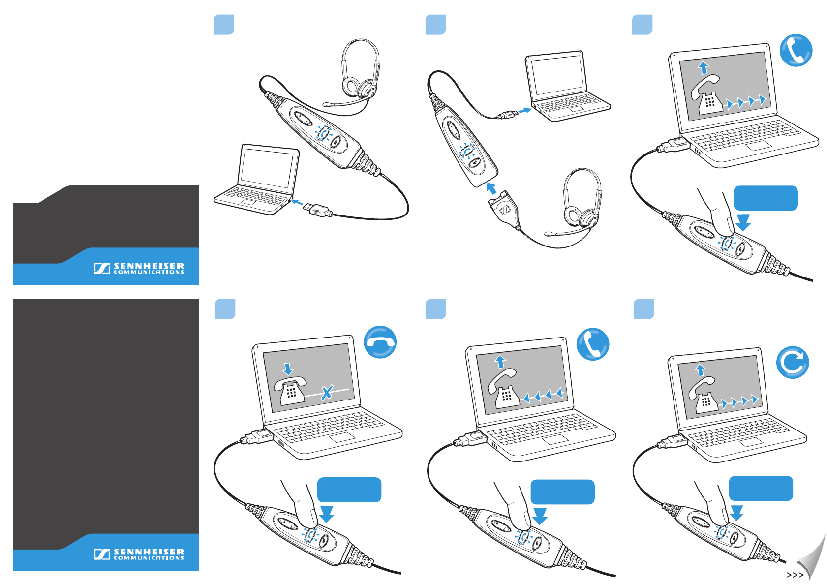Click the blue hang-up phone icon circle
[380, 342]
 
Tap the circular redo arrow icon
[793, 363]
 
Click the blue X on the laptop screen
[326, 393]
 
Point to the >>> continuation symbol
[795, 575]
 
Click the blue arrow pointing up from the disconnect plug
[491, 188]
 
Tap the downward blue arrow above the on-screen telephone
[288, 369]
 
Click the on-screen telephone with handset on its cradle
[290, 391]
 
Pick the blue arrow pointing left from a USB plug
[297, 202]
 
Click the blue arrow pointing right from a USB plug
[524, 110]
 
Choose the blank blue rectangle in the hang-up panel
[349, 490]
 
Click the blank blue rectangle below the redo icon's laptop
[761, 488]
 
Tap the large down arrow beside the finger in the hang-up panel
[327, 514]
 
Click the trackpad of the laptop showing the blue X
[342, 437]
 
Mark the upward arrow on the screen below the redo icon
[700, 370]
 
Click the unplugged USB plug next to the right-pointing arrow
[508, 115]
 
